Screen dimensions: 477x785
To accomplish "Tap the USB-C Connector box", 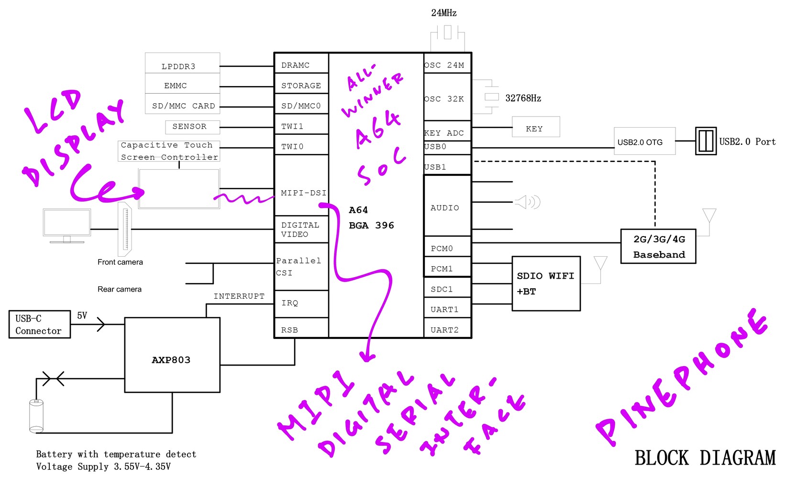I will click(x=39, y=325).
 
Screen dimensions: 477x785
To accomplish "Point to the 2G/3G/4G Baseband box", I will click(x=658, y=247).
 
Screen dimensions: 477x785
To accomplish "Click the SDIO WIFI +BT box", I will click(x=546, y=283).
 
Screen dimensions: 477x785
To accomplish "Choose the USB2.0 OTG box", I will click(x=644, y=141).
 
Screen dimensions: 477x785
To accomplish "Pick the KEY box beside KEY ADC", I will click(x=535, y=128).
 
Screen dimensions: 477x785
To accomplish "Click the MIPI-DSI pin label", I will click(x=303, y=193).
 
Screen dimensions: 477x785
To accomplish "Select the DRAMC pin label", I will click(x=295, y=65).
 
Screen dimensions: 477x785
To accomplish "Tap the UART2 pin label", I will click(x=444, y=330).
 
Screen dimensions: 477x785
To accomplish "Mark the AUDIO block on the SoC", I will click(x=445, y=207).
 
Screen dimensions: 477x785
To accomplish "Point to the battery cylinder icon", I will click(x=36, y=416).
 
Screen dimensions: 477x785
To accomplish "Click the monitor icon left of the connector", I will click(x=66, y=225).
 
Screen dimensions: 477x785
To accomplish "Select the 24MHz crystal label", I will click(x=443, y=13).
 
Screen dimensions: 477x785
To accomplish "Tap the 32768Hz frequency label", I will click(x=523, y=98).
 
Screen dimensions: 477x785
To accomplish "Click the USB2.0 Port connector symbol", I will click(x=706, y=141).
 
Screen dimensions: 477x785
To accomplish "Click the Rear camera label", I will click(x=120, y=289).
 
